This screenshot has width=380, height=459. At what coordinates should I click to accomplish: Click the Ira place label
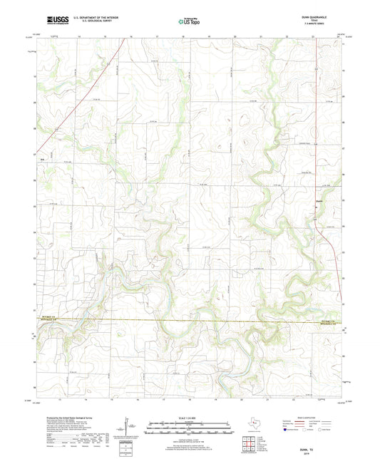tap(43, 158)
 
